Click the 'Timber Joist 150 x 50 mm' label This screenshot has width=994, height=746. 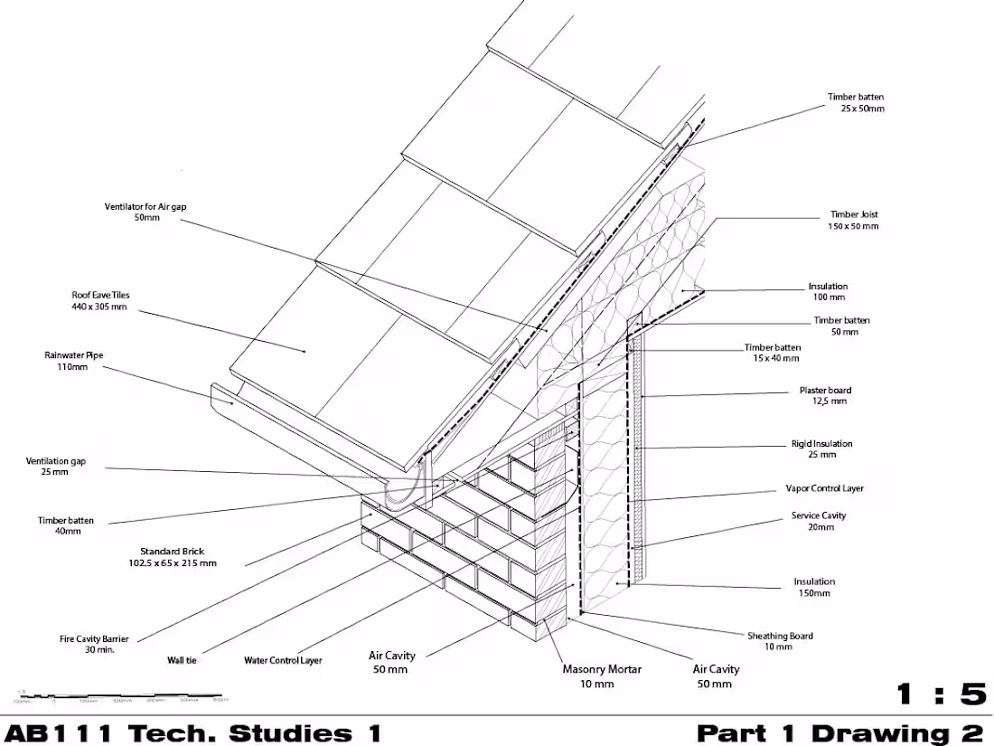854,221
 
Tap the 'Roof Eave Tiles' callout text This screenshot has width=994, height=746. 100,300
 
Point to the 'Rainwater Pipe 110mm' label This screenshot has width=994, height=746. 74,361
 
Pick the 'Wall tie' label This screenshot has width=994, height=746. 182,660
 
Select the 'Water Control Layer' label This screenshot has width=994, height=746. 283,660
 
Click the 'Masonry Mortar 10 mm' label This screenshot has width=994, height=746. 602,675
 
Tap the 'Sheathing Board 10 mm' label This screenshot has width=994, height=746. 779,641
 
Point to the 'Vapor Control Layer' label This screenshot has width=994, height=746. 824,488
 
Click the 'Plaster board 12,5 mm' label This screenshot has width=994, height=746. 824,395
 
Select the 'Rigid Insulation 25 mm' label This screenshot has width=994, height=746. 821,449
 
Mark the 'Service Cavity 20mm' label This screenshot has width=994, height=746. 819,521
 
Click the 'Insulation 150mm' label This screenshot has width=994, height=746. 814,587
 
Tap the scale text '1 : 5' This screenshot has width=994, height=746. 940,694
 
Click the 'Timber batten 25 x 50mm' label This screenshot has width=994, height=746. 856,102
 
